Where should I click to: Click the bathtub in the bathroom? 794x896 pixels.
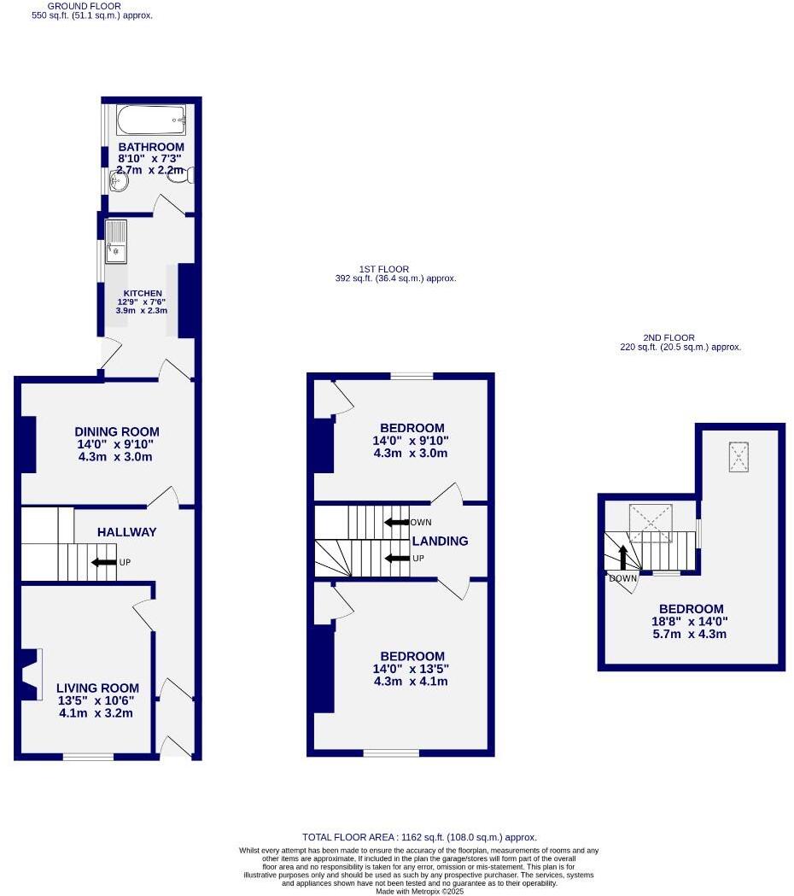pyautogui.click(x=151, y=120)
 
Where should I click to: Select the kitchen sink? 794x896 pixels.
pyautogui.click(x=115, y=241)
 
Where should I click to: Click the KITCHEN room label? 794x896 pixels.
pyautogui.click(x=140, y=293)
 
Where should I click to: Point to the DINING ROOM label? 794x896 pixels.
pyautogui.click(x=116, y=432)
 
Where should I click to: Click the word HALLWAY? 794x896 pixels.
pyautogui.click(x=126, y=532)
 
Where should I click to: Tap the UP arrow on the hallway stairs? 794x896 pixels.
pyautogui.click(x=104, y=562)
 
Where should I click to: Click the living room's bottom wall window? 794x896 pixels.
pyautogui.click(x=88, y=757)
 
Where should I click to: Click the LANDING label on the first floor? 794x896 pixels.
pyautogui.click(x=441, y=541)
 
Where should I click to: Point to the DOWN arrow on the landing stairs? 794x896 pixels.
pyautogui.click(x=395, y=523)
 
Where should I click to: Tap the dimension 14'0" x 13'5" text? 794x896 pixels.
pyautogui.click(x=411, y=669)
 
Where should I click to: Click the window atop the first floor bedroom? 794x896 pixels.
pyautogui.click(x=412, y=376)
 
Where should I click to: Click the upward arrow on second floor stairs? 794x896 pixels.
pyautogui.click(x=622, y=558)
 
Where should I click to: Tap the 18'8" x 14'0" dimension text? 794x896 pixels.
pyautogui.click(x=690, y=622)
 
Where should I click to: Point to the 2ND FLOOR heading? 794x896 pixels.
pyautogui.click(x=668, y=338)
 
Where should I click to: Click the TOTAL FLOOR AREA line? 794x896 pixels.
pyautogui.click(x=419, y=838)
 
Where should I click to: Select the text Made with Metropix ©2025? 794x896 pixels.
pyautogui.click(x=418, y=892)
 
